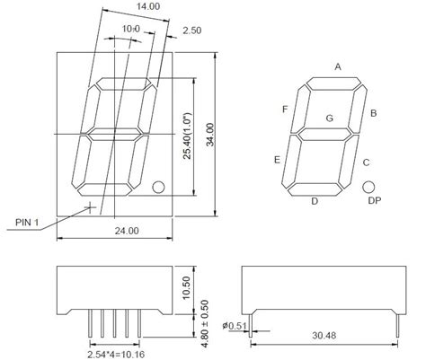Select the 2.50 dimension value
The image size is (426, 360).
[x=191, y=31]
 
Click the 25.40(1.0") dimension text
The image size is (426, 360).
[x=188, y=134]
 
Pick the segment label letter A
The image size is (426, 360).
[x=338, y=66]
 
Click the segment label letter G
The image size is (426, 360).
[x=329, y=118]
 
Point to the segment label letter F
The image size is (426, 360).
[x=285, y=110]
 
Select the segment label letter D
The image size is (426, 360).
[x=315, y=201]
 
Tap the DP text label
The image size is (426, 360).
[x=374, y=201]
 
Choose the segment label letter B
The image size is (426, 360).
[x=374, y=112]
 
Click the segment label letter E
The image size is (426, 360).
[x=277, y=160]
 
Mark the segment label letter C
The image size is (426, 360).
[x=366, y=162]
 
